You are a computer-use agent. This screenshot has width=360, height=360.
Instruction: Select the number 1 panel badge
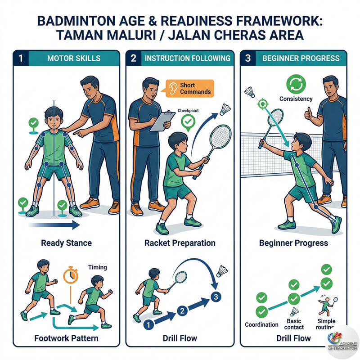[x=20, y=58]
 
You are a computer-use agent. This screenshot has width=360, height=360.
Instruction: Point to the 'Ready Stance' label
[x=66, y=243]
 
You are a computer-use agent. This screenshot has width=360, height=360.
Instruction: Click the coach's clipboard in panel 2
[x=162, y=120]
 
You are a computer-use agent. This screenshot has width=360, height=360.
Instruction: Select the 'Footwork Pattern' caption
[x=66, y=337]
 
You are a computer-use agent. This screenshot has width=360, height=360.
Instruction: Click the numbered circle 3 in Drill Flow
[x=216, y=297]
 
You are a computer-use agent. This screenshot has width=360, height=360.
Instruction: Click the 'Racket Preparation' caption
[x=180, y=243]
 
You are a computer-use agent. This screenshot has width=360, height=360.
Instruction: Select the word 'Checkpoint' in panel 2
[x=188, y=110]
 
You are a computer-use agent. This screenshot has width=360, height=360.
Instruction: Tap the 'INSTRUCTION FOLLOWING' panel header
[x=187, y=58]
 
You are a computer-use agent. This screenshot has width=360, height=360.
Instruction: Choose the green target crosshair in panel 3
[x=261, y=104]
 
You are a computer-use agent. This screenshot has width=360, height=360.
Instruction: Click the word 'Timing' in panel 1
[x=97, y=267]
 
